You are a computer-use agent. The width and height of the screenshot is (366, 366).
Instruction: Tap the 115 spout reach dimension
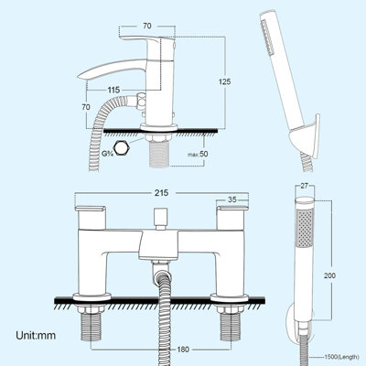113,90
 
